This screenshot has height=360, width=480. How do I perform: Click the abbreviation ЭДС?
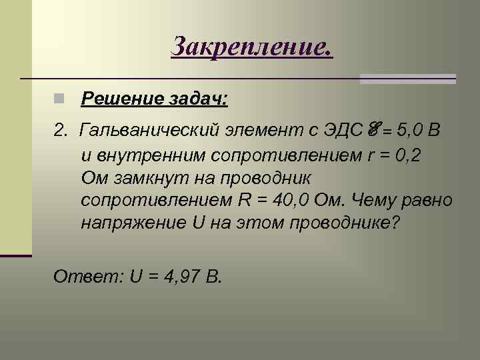342,129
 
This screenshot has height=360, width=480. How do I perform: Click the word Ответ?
81,276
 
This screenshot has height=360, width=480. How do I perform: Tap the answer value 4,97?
179,276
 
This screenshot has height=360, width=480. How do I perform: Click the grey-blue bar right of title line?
407,79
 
